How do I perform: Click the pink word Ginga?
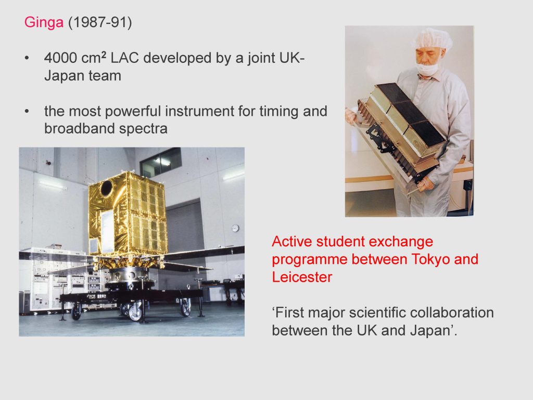tap(44, 23)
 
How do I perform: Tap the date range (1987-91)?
tap(100, 22)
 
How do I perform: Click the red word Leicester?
tap(302, 277)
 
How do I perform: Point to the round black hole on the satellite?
tap(106, 188)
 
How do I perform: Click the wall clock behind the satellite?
tap(235, 228)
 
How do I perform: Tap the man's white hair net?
tap(433, 38)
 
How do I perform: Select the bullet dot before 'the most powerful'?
tap(27, 112)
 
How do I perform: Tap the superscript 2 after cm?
tap(104, 54)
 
